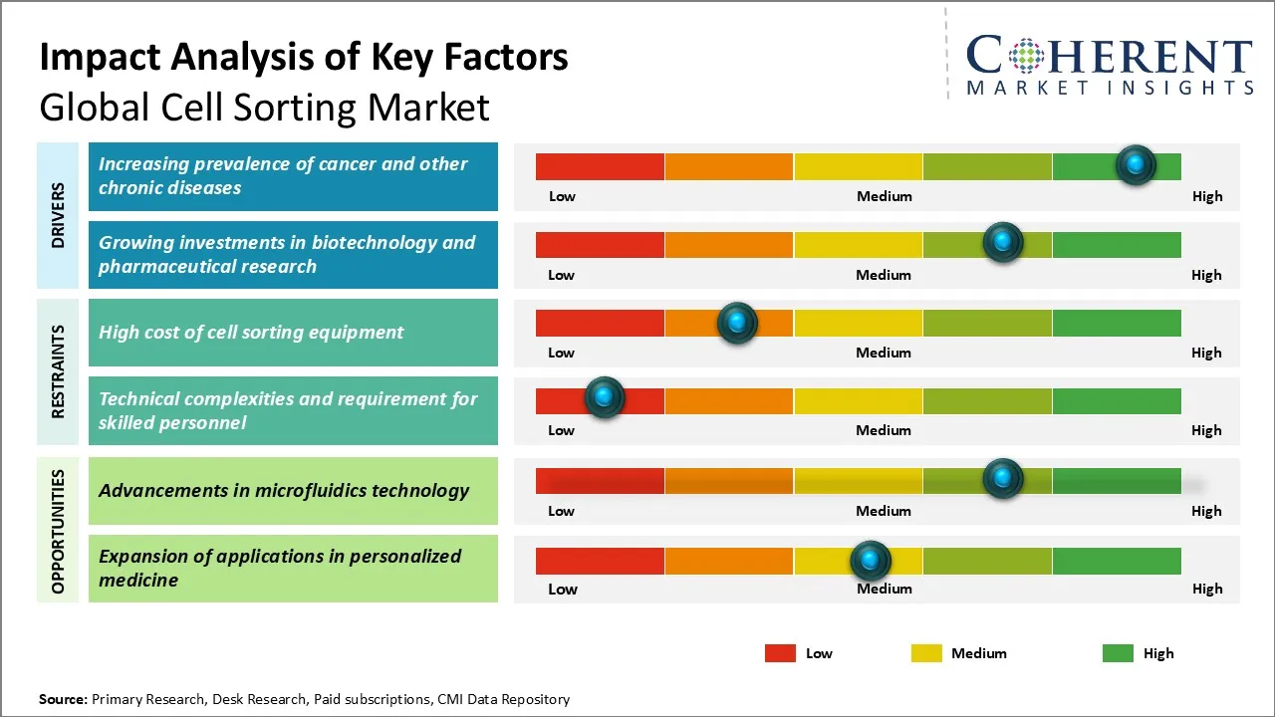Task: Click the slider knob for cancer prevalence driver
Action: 1136,165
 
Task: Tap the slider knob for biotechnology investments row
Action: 1003,242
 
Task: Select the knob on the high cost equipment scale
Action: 737,323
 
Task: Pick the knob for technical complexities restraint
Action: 604,397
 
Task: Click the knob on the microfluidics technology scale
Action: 1003,479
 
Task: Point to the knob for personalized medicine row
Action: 871,561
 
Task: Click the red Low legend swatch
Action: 780,653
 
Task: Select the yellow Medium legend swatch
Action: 926,653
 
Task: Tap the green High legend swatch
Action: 1118,653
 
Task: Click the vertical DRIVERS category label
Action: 58,215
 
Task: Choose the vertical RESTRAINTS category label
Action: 58,371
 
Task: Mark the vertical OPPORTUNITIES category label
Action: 58,531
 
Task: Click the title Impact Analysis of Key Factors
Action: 304,58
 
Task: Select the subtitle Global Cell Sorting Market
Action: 264,107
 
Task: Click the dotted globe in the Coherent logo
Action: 1026,56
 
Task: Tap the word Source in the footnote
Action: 63,699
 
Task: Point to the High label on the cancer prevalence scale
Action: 1206,196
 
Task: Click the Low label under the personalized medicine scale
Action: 562,589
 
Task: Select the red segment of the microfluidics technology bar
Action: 600,481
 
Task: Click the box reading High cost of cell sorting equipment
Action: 293,333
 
